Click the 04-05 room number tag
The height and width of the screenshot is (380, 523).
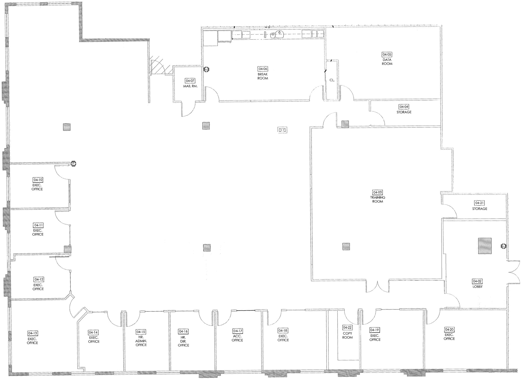[x=387, y=54]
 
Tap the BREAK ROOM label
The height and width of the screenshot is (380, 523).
[x=263, y=76]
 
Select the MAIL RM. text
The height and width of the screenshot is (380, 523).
[x=190, y=86]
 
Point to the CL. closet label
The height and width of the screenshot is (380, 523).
[x=332, y=80]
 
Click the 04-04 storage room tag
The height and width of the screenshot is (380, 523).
[x=404, y=107]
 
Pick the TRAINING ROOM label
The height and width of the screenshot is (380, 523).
[x=378, y=199]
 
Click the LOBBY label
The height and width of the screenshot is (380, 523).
[x=478, y=286]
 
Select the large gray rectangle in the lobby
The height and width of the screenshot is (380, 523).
[x=485, y=246]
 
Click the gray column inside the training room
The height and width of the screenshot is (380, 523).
[x=346, y=246]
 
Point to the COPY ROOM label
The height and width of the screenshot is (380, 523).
[x=347, y=335]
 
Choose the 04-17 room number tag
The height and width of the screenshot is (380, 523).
[x=237, y=331]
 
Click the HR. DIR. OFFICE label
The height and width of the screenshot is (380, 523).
[x=183, y=341]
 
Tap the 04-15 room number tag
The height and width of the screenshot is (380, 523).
[x=141, y=332]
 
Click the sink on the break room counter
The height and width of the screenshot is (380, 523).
[x=280, y=33]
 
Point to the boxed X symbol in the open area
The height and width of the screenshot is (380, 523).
[x=282, y=130]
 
